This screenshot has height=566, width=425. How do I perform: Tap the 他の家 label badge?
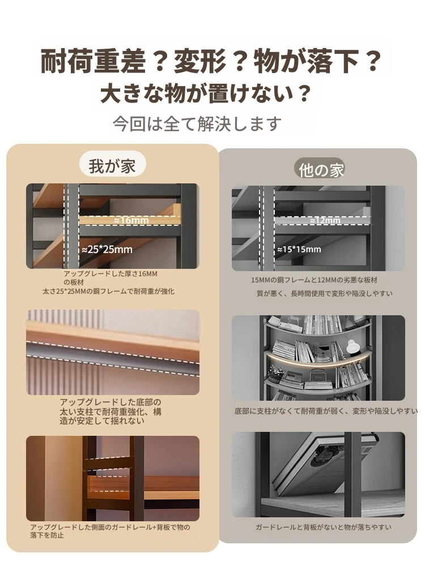(321, 169)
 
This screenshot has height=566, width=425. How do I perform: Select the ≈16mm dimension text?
(131, 220)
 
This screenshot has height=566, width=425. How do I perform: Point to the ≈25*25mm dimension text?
(107, 250)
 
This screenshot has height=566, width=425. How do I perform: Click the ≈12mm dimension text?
(325, 220)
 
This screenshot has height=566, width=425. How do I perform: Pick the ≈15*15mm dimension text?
(299, 249)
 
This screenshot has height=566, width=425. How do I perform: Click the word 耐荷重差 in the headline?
(93, 61)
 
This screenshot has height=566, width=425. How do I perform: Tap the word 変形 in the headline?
(200, 61)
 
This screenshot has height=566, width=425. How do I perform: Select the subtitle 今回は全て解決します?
(197, 123)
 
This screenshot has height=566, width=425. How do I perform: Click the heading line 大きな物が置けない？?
(206, 93)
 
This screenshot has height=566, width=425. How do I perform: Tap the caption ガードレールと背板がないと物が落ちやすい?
(324, 528)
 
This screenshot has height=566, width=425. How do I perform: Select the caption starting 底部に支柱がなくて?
(326, 411)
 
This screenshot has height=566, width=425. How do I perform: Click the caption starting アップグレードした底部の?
(110, 411)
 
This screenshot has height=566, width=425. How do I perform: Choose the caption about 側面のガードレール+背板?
(110, 531)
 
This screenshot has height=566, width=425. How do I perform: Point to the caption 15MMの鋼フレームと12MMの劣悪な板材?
(314, 280)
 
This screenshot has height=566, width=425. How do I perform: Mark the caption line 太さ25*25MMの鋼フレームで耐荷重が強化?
(108, 291)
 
